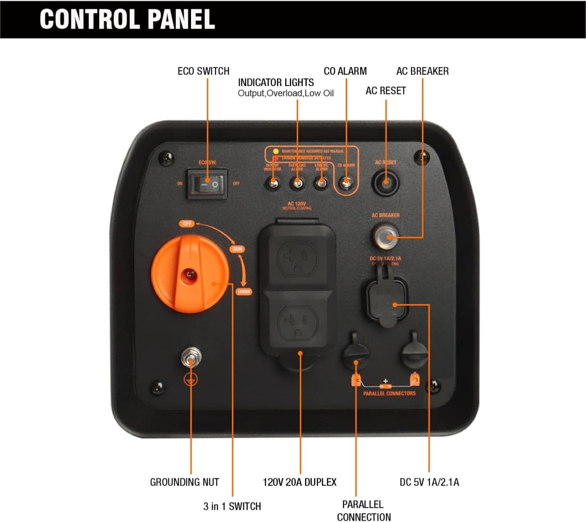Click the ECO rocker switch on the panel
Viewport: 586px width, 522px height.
(208, 184)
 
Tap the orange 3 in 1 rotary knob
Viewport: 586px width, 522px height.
(190, 274)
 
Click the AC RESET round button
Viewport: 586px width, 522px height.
(386, 183)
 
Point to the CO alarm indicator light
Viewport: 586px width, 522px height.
(346, 183)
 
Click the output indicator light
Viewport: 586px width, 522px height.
(273, 183)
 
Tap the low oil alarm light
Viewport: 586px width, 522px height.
(321, 183)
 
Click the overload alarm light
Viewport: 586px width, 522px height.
(297, 183)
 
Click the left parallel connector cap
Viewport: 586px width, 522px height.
(356, 353)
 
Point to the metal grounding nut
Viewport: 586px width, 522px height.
(191, 358)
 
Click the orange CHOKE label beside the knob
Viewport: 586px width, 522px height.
(244, 291)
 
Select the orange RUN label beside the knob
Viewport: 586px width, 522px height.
(237, 249)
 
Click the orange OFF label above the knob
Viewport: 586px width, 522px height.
(187, 224)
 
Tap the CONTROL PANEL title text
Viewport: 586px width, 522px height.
(127, 19)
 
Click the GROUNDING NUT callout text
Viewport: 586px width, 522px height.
(184, 482)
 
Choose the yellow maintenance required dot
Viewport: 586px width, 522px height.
(276, 151)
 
